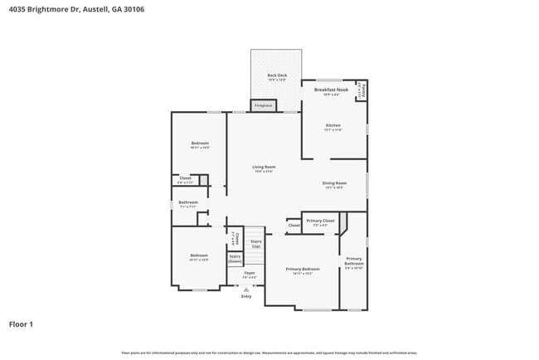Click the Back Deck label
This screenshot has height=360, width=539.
click(277, 76)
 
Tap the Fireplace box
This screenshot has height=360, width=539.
click(263, 106)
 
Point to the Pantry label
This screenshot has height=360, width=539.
click(362, 90)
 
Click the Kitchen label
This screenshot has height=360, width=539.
click(333, 127)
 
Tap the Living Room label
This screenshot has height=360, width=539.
click(264, 168)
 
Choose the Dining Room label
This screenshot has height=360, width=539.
click(334, 184)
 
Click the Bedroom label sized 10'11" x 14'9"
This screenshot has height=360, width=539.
click(199, 144)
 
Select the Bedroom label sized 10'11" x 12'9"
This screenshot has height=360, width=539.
click(198, 257)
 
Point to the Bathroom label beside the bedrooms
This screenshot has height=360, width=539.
click(187, 204)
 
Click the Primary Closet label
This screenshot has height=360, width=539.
click(320, 221)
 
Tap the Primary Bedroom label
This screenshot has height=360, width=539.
click(303, 270)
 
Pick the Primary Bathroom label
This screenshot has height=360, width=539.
click(354, 262)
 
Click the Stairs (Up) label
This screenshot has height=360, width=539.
click(256, 244)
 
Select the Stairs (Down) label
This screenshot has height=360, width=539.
click(235, 259)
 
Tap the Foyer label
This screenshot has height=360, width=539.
click(249, 274)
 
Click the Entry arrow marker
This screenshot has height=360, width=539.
click(246, 289)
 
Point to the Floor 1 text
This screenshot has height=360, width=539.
click(21, 324)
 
